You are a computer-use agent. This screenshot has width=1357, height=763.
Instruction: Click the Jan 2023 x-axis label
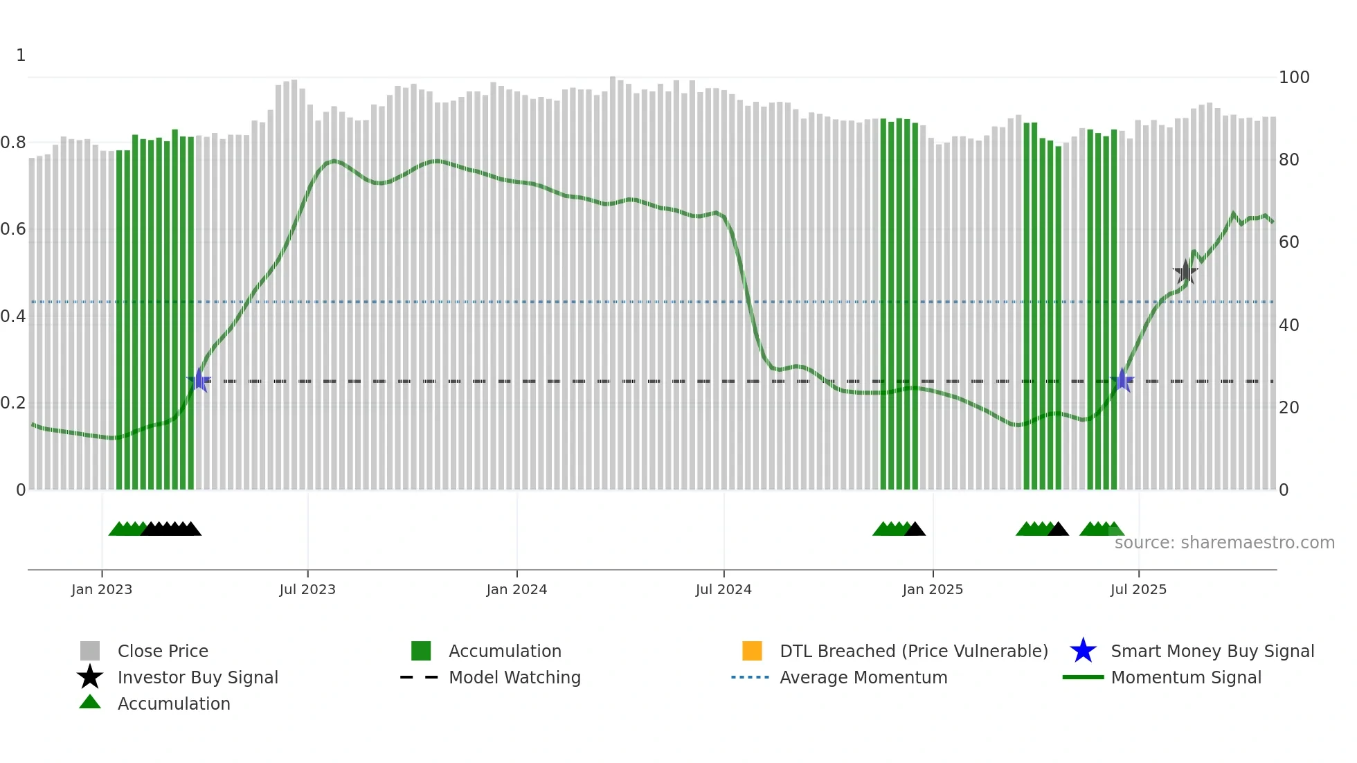tap(102, 589)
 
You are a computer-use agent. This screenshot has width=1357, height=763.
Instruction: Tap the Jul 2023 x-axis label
tap(307, 589)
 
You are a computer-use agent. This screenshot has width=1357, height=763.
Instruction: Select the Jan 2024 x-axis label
tap(516, 589)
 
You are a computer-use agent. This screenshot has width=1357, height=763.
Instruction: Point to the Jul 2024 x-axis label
tap(724, 589)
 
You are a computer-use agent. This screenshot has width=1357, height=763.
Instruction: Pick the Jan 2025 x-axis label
tap(933, 589)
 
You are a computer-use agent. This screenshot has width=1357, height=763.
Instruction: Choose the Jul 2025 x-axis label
tap(1138, 589)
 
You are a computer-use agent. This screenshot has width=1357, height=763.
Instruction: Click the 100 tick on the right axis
tap(1294, 78)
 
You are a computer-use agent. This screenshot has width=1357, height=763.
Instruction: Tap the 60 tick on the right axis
tap(1289, 242)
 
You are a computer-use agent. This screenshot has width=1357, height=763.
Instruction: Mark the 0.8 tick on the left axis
tap(14, 143)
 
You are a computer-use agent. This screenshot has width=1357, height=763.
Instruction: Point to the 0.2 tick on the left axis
tap(14, 403)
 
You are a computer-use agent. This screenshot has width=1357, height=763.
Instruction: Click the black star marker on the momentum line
tap(1185, 272)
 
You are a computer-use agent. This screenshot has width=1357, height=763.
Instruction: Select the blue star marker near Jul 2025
tap(1122, 380)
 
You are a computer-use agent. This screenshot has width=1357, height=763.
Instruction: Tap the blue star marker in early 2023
tap(199, 380)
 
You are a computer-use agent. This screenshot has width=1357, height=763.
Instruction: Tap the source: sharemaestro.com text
tap(1224, 543)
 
